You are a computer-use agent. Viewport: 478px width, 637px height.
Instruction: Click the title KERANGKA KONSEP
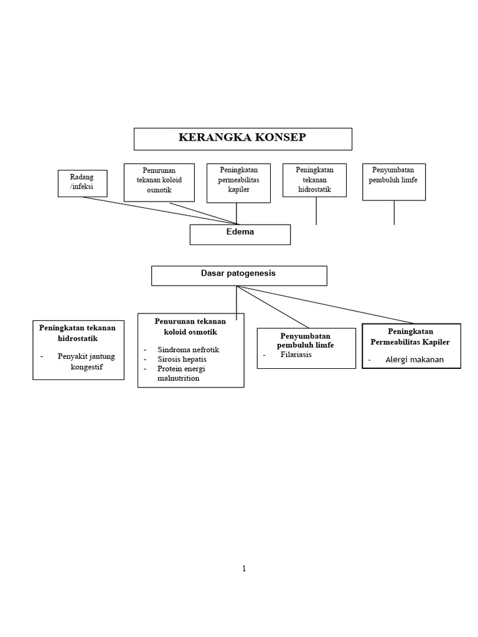coord(242,137)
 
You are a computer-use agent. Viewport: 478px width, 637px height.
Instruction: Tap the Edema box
coord(240,234)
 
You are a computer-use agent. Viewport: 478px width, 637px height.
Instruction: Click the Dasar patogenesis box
coord(238,274)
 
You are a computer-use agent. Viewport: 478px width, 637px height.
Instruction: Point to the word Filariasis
coord(296,355)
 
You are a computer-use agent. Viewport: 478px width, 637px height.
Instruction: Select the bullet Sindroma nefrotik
coord(188,350)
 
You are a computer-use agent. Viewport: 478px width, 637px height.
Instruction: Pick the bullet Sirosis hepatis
coord(182,359)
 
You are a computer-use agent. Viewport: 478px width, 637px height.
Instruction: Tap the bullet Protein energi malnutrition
coord(181,373)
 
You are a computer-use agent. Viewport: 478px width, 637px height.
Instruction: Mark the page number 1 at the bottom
coord(245,568)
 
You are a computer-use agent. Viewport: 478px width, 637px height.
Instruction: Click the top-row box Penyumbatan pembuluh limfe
coord(393,181)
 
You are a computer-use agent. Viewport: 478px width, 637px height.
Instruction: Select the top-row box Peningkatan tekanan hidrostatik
coord(314,180)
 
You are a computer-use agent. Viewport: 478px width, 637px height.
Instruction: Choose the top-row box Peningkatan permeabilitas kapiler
coord(238,182)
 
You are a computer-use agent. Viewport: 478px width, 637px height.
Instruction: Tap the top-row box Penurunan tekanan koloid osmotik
coord(158,182)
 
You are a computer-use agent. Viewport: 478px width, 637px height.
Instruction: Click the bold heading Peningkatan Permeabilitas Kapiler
coord(411,337)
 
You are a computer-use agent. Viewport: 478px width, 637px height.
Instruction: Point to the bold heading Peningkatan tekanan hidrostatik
coord(78,333)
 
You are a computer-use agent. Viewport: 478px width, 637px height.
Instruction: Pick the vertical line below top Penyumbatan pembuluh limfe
coord(394,212)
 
